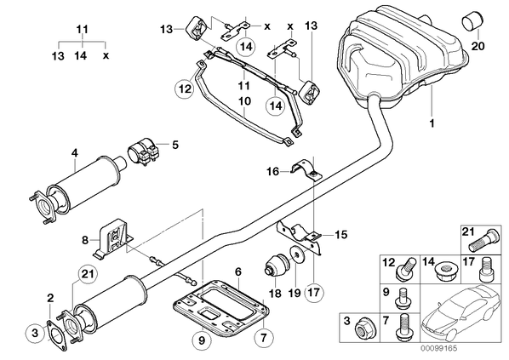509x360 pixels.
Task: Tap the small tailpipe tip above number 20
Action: coord(472,22)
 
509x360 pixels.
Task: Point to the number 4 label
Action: coord(75,152)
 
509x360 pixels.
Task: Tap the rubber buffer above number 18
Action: coord(275,263)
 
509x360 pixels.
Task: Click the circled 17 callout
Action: coord(315,292)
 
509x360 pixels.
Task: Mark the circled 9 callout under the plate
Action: coord(202,340)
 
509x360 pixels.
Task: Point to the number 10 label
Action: coord(245,101)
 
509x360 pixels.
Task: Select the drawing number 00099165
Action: coord(438,349)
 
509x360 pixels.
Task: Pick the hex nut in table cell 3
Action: coord(363,329)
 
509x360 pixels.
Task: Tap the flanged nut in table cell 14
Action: coord(446,271)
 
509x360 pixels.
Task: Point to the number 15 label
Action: coord(340,234)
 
